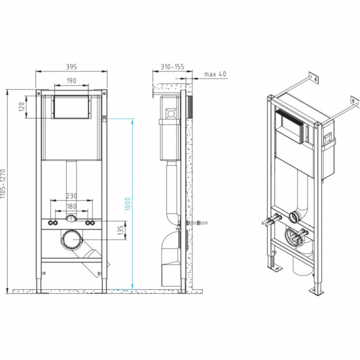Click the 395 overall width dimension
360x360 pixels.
coord(72,65)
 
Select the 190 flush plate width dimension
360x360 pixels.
coord(72,81)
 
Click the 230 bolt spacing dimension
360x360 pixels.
coord(72,195)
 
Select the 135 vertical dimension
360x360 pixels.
coord(120,230)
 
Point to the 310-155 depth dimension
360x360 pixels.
coord(172,66)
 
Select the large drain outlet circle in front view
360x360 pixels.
coord(71,240)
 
